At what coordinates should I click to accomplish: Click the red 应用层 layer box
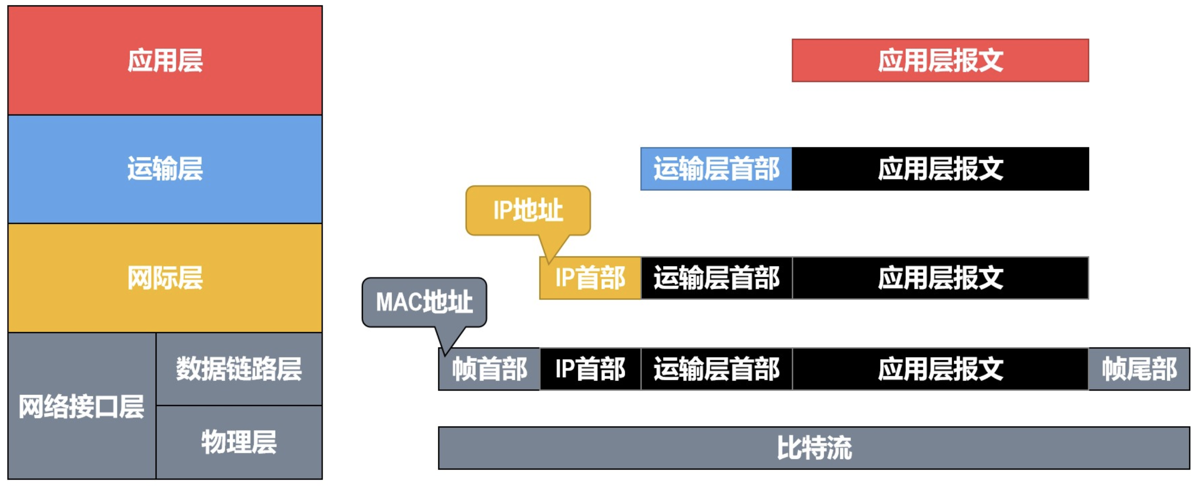click(165, 60)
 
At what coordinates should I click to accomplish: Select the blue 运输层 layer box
click(165, 169)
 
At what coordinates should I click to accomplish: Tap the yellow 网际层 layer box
click(165, 278)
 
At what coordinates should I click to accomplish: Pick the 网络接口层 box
click(82, 406)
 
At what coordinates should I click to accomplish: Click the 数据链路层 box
click(239, 369)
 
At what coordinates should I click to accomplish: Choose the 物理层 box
click(239, 442)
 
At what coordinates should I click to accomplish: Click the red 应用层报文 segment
click(940, 60)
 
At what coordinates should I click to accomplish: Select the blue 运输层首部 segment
click(716, 169)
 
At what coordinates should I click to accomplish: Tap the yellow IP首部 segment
click(590, 278)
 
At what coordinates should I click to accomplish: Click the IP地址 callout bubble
click(528, 210)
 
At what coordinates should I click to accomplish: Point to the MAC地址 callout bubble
click(424, 302)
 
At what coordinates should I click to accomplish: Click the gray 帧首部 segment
click(489, 369)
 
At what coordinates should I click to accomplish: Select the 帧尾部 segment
click(1139, 369)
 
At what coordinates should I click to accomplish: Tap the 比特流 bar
click(814, 448)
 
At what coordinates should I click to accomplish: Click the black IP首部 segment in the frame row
click(590, 369)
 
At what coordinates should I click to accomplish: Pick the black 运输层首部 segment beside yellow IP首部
click(716, 278)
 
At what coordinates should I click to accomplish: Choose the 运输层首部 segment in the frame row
click(716, 369)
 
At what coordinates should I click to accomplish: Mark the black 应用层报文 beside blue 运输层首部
click(940, 169)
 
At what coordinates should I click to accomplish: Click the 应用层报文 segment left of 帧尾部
click(940, 369)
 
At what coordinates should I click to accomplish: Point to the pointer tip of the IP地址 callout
click(549, 263)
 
